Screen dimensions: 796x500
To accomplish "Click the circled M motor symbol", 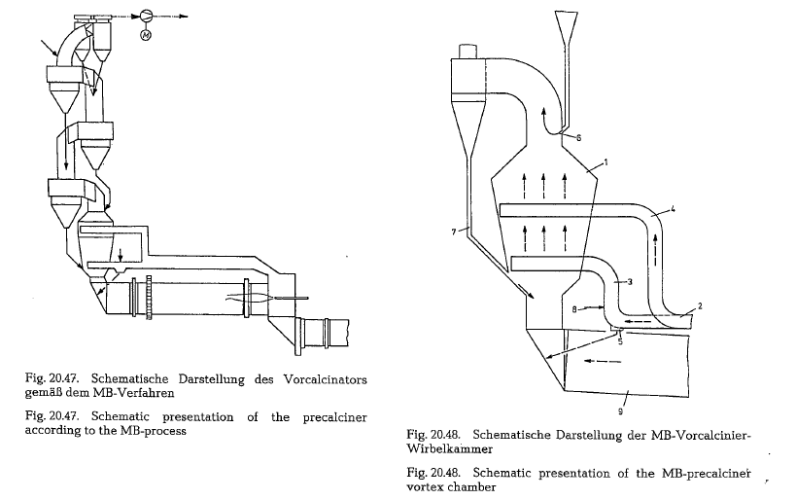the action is coord(146,35).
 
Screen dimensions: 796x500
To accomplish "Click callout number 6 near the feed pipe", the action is coord(578,138).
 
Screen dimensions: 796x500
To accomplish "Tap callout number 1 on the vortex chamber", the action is coord(606,162).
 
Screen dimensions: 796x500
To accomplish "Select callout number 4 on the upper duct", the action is coord(673,208).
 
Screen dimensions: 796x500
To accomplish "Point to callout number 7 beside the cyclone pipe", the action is coord(454,232).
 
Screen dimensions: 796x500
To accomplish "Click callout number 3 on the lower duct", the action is coord(630,282).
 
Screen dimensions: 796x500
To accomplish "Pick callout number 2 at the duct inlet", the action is coord(700,305).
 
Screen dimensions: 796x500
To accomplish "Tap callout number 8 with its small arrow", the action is coord(574,309).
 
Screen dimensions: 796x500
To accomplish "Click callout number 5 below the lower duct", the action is coord(620,342).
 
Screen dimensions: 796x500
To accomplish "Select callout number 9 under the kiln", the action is coord(620,411).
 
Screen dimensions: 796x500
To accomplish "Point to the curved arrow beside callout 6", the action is coord(548,123).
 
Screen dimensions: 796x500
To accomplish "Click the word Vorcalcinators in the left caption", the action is coord(325,379).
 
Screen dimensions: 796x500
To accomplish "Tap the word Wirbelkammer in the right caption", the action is coord(449,449).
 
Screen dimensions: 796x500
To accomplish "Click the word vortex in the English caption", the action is coord(425,487).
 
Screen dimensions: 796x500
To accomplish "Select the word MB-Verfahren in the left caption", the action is coord(133,393).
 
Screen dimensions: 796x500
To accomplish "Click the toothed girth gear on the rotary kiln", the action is coord(149,298).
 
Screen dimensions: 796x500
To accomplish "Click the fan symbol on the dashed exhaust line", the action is coord(146,17).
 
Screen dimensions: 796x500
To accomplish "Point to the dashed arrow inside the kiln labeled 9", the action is coord(603,361).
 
